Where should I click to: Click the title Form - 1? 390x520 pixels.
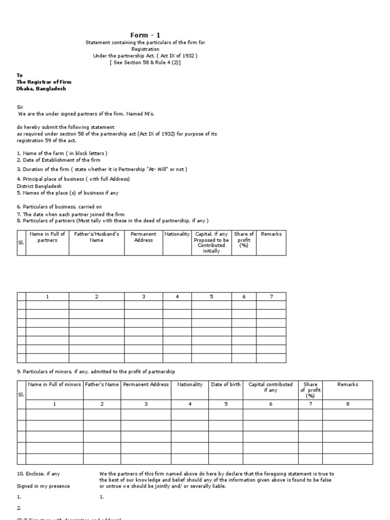coord(145,35)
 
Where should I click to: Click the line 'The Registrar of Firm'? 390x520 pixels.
coord(44,82)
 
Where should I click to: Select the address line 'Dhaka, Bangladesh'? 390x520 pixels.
coord(41,88)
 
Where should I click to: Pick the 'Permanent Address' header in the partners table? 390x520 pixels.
coord(143,237)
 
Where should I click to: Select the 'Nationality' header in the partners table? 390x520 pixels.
coord(177,234)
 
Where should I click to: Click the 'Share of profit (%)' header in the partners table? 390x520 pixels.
coord(244,240)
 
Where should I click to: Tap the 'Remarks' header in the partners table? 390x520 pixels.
coord(271,234)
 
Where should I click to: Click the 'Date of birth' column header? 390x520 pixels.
coord(226,384)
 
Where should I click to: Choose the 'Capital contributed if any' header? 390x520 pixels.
coord(270,387)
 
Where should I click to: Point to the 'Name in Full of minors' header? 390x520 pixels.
coord(54,384)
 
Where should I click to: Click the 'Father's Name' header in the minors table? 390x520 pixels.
coord(102,384)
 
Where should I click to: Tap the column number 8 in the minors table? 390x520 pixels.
coord(348,404)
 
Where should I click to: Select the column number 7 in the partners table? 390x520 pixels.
coord(271,297)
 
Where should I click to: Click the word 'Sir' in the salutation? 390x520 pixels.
coord(21,108)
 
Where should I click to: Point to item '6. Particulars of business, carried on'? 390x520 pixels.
coord(59,207)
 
